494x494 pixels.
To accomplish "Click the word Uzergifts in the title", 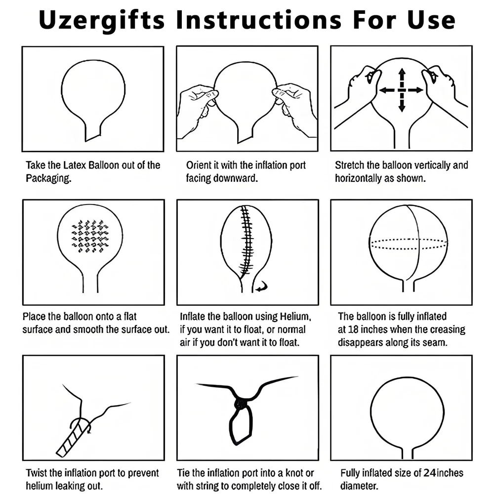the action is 101,20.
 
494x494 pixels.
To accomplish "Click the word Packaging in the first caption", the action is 48,178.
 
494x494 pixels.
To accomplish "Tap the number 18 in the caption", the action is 353,329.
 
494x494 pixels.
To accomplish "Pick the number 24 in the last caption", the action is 430,473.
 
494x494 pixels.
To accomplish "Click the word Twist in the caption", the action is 36,473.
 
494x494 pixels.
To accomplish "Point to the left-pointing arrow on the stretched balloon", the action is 388,90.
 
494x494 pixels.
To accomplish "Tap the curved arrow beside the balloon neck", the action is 261,287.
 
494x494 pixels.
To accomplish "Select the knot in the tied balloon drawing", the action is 240,404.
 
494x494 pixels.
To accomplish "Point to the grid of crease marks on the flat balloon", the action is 90,236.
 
